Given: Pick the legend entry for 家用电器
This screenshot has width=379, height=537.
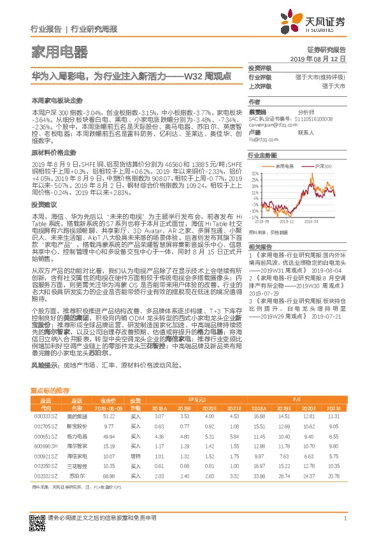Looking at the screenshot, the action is [x=289, y=166].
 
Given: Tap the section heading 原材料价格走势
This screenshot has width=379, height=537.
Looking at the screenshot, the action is [x=54, y=153].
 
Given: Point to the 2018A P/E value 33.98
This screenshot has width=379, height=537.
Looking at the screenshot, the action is [x=258, y=476].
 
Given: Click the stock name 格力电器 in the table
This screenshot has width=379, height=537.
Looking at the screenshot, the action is [x=77, y=436].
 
